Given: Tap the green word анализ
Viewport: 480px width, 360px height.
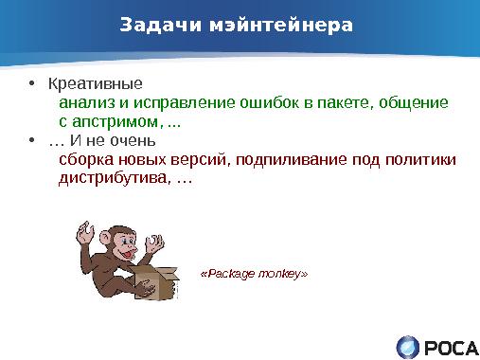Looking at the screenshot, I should coord(87,102).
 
